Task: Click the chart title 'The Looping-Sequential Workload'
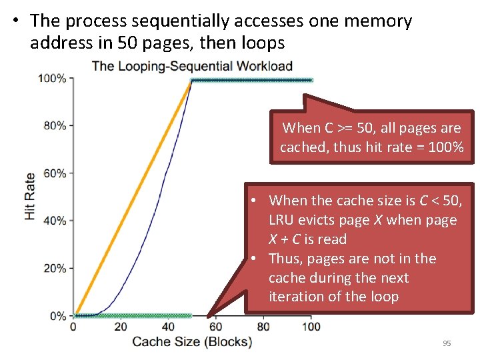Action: point(192,65)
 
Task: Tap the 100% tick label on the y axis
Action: point(52,79)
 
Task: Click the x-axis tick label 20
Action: point(121,327)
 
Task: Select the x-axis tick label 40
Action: point(168,327)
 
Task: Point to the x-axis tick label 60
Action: point(216,327)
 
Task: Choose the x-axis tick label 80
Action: point(263,327)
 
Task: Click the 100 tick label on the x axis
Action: point(311,327)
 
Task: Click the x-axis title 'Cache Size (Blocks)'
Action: point(192,342)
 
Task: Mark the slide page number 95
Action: point(447,343)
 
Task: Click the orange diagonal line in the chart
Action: point(133,197)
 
